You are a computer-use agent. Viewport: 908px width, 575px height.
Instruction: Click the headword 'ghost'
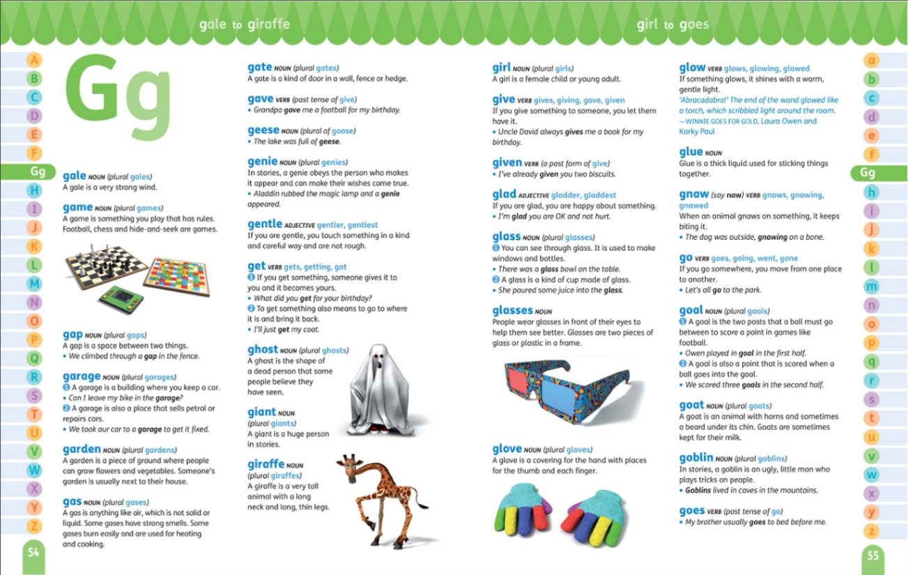point(263,350)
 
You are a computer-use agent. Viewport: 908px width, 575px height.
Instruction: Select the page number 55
point(872,555)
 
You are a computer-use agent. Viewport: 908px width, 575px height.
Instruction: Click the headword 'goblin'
point(696,458)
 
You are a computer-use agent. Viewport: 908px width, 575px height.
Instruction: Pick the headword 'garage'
point(82,376)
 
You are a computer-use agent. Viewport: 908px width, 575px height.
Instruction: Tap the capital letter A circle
point(35,61)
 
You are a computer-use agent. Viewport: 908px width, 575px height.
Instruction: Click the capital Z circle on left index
point(35,526)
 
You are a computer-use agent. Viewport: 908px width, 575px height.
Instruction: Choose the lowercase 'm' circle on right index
point(871,286)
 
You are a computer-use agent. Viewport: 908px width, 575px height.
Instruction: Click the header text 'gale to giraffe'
point(244,25)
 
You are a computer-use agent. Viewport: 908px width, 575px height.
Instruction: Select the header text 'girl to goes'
point(672,25)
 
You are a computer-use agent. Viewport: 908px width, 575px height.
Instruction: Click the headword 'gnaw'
point(694,194)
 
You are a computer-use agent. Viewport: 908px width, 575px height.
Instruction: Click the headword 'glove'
point(507,450)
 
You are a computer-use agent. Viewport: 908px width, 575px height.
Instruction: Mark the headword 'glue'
point(691,152)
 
